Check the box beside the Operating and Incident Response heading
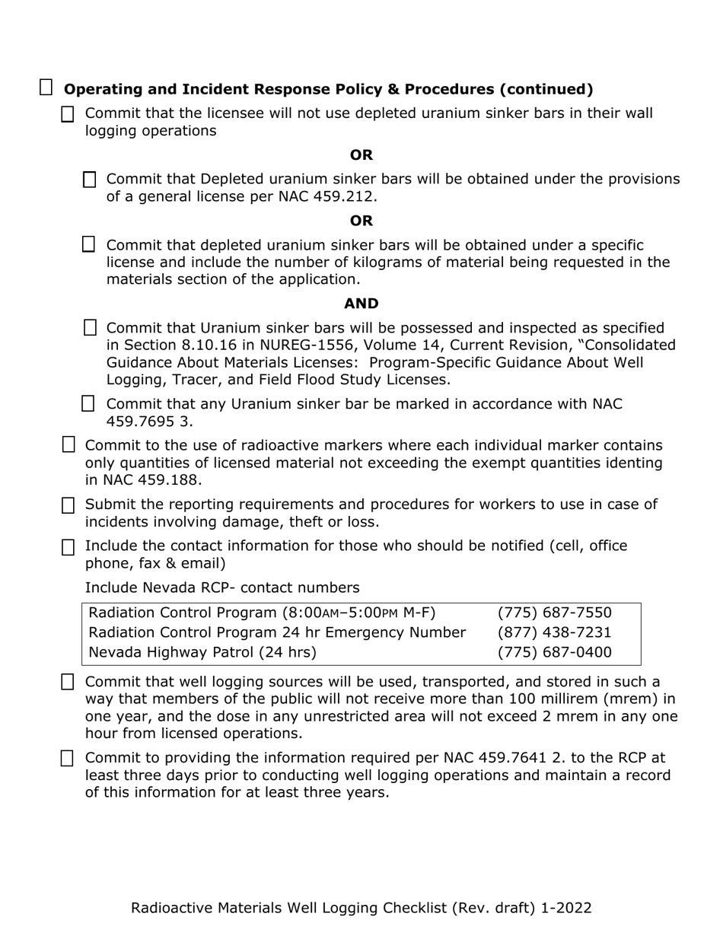[x=46, y=88]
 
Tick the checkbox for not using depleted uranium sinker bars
[x=68, y=114]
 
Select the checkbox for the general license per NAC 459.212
[x=90, y=180]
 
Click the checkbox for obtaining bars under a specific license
[x=89, y=244]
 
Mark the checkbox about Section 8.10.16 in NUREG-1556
[x=90, y=328]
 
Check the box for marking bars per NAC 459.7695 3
[x=88, y=403]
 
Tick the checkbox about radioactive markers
[x=68, y=444]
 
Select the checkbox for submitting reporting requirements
[x=68, y=505]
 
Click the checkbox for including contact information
[x=68, y=547]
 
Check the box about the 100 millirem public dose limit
[x=68, y=682]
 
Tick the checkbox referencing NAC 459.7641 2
[x=68, y=758]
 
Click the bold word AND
[x=361, y=304]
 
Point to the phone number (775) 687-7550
[x=554, y=613]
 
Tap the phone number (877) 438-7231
[x=554, y=632]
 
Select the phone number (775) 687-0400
[x=554, y=652]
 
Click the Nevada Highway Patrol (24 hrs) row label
[x=202, y=652]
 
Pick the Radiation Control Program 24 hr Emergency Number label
[x=277, y=632]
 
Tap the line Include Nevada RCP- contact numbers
[x=221, y=587]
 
